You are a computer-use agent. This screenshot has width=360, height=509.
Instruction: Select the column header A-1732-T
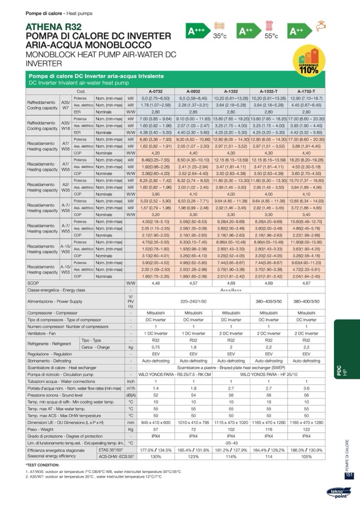click(x=306, y=91)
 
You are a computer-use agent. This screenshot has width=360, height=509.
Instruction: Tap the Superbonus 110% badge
click(x=307, y=64)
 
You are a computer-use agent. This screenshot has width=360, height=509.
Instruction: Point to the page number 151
click(x=349, y=476)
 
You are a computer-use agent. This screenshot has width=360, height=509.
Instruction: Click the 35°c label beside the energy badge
click(x=220, y=36)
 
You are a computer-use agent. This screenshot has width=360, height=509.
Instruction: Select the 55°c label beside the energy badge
click(x=271, y=36)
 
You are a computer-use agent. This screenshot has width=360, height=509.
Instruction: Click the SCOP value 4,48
click(x=156, y=283)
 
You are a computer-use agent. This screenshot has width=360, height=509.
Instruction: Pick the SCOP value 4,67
click(x=306, y=283)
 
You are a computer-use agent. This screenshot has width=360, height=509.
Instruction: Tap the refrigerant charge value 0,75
click(x=156, y=347)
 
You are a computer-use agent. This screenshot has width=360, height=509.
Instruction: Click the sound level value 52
click(x=156, y=395)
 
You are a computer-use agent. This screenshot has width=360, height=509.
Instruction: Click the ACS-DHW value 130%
click(x=156, y=456)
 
